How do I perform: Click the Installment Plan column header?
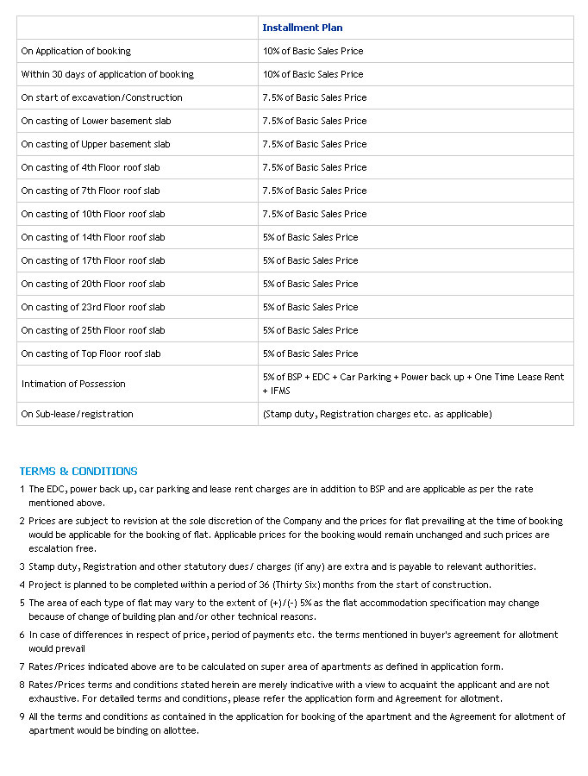302,28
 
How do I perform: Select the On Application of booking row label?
76,51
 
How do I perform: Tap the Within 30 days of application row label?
107,74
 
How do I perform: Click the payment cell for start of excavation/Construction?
315,97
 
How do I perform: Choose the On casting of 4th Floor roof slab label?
91,167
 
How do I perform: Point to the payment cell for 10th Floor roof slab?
315,214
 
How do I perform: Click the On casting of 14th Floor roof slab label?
93,237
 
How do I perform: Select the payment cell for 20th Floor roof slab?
310,284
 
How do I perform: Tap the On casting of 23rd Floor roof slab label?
93,307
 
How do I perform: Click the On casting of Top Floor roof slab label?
91,354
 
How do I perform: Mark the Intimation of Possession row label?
73,384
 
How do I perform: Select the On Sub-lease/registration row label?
77,414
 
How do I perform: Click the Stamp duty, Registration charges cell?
377,414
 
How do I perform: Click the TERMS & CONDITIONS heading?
78,472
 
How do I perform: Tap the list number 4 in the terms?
22,585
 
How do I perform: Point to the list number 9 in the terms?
22,717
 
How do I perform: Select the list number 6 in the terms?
22,635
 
